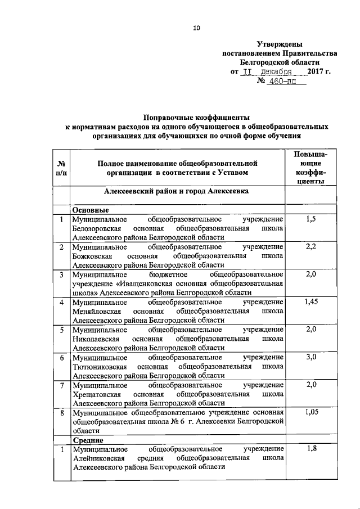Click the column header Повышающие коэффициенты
(310, 168)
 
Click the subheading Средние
(86, 439)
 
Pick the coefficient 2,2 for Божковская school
(310, 247)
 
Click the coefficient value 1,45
(310, 302)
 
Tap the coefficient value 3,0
(310, 357)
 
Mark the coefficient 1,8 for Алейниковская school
(310, 449)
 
